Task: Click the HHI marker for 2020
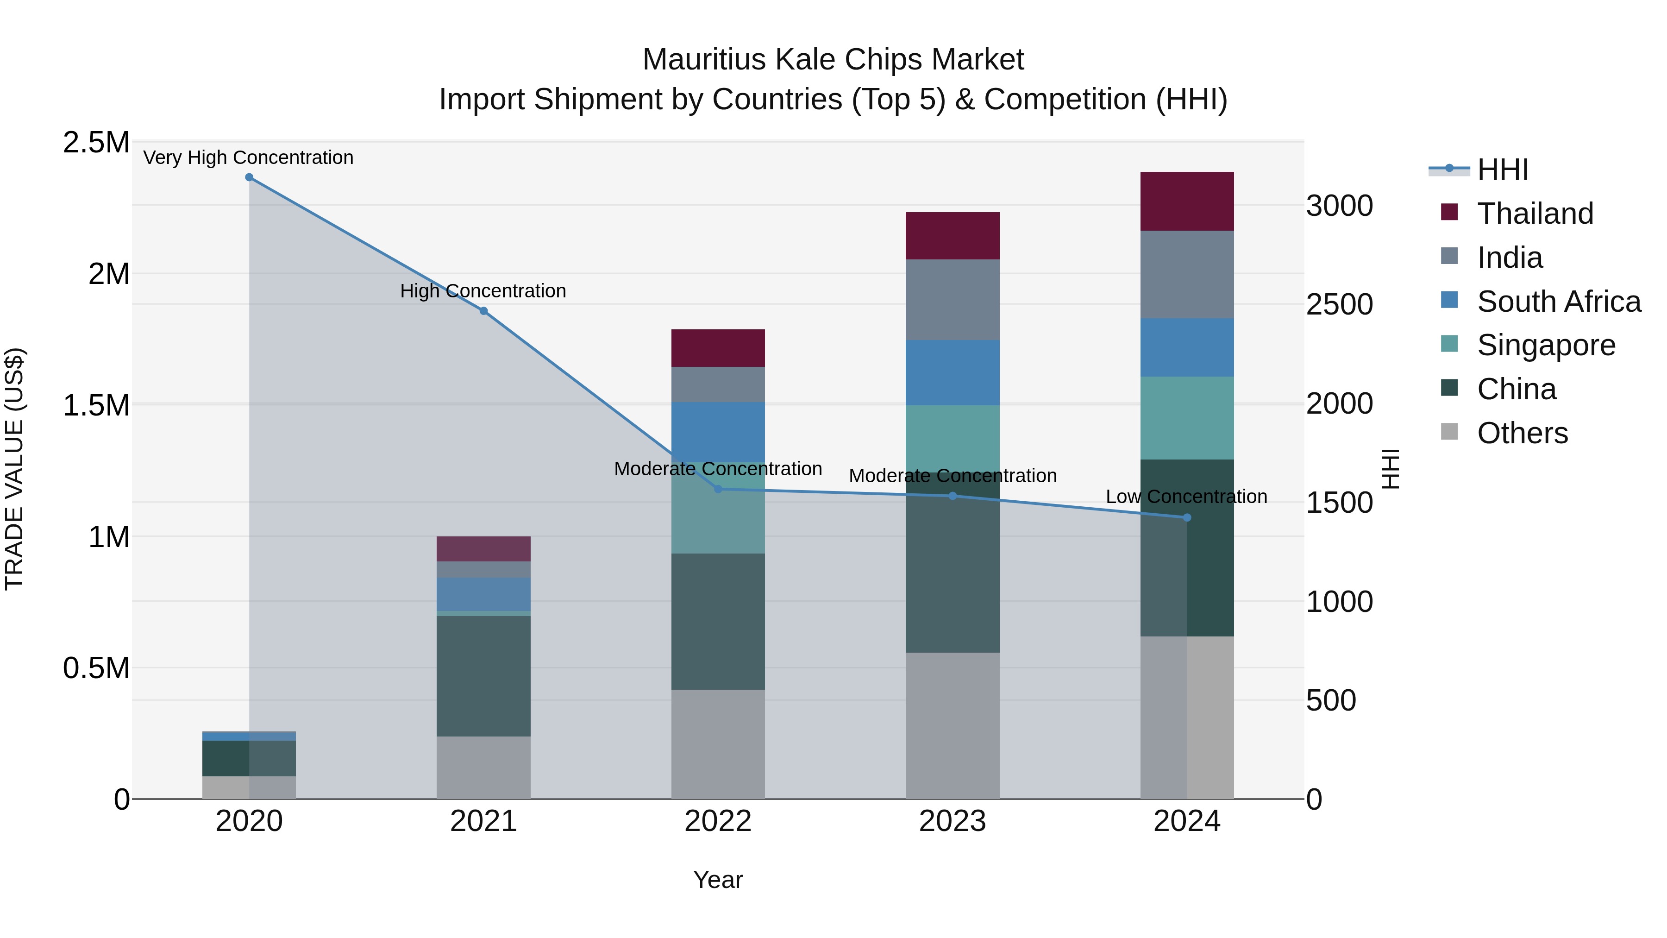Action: [249, 177]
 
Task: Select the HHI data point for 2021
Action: [483, 311]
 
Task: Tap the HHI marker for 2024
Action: [1187, 517]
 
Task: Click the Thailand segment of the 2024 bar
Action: [1187, 201]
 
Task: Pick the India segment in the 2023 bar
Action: [952, 300]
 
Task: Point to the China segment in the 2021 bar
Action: [483, 676]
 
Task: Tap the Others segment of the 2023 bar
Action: [952, 725]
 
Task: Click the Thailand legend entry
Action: [1535, 214]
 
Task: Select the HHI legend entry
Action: [1502, 170]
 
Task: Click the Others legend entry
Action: [1522, 433]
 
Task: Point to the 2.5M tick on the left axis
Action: [96, 142]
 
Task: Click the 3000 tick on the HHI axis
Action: [1339, 206]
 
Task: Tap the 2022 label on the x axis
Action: [718, 821]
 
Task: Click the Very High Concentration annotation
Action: [249, 157]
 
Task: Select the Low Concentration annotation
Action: [1186, 497]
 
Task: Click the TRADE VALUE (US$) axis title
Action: [14, 469]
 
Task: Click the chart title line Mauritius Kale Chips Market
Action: [833, 60]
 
